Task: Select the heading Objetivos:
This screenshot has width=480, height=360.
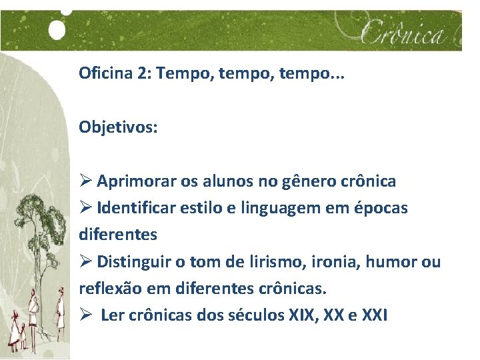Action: click(x=118, y=127)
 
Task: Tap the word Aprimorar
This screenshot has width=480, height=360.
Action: click(x=137, y=181)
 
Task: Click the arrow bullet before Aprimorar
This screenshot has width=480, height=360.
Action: click(x=85, y=181)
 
